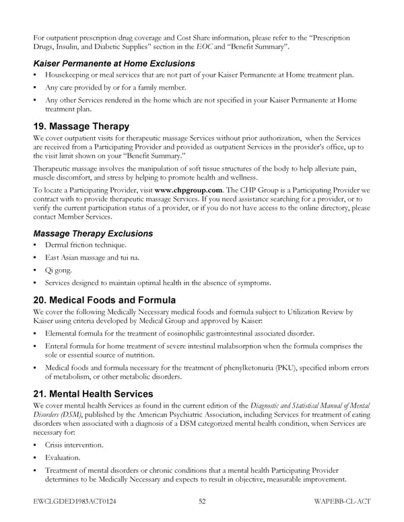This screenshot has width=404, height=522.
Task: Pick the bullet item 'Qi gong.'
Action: coord(59,271)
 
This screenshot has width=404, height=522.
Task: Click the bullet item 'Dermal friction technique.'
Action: coord(85,246)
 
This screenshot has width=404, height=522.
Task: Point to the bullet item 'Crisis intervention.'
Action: coord(74,445)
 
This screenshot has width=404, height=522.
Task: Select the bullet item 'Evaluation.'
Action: coord(63,457)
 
